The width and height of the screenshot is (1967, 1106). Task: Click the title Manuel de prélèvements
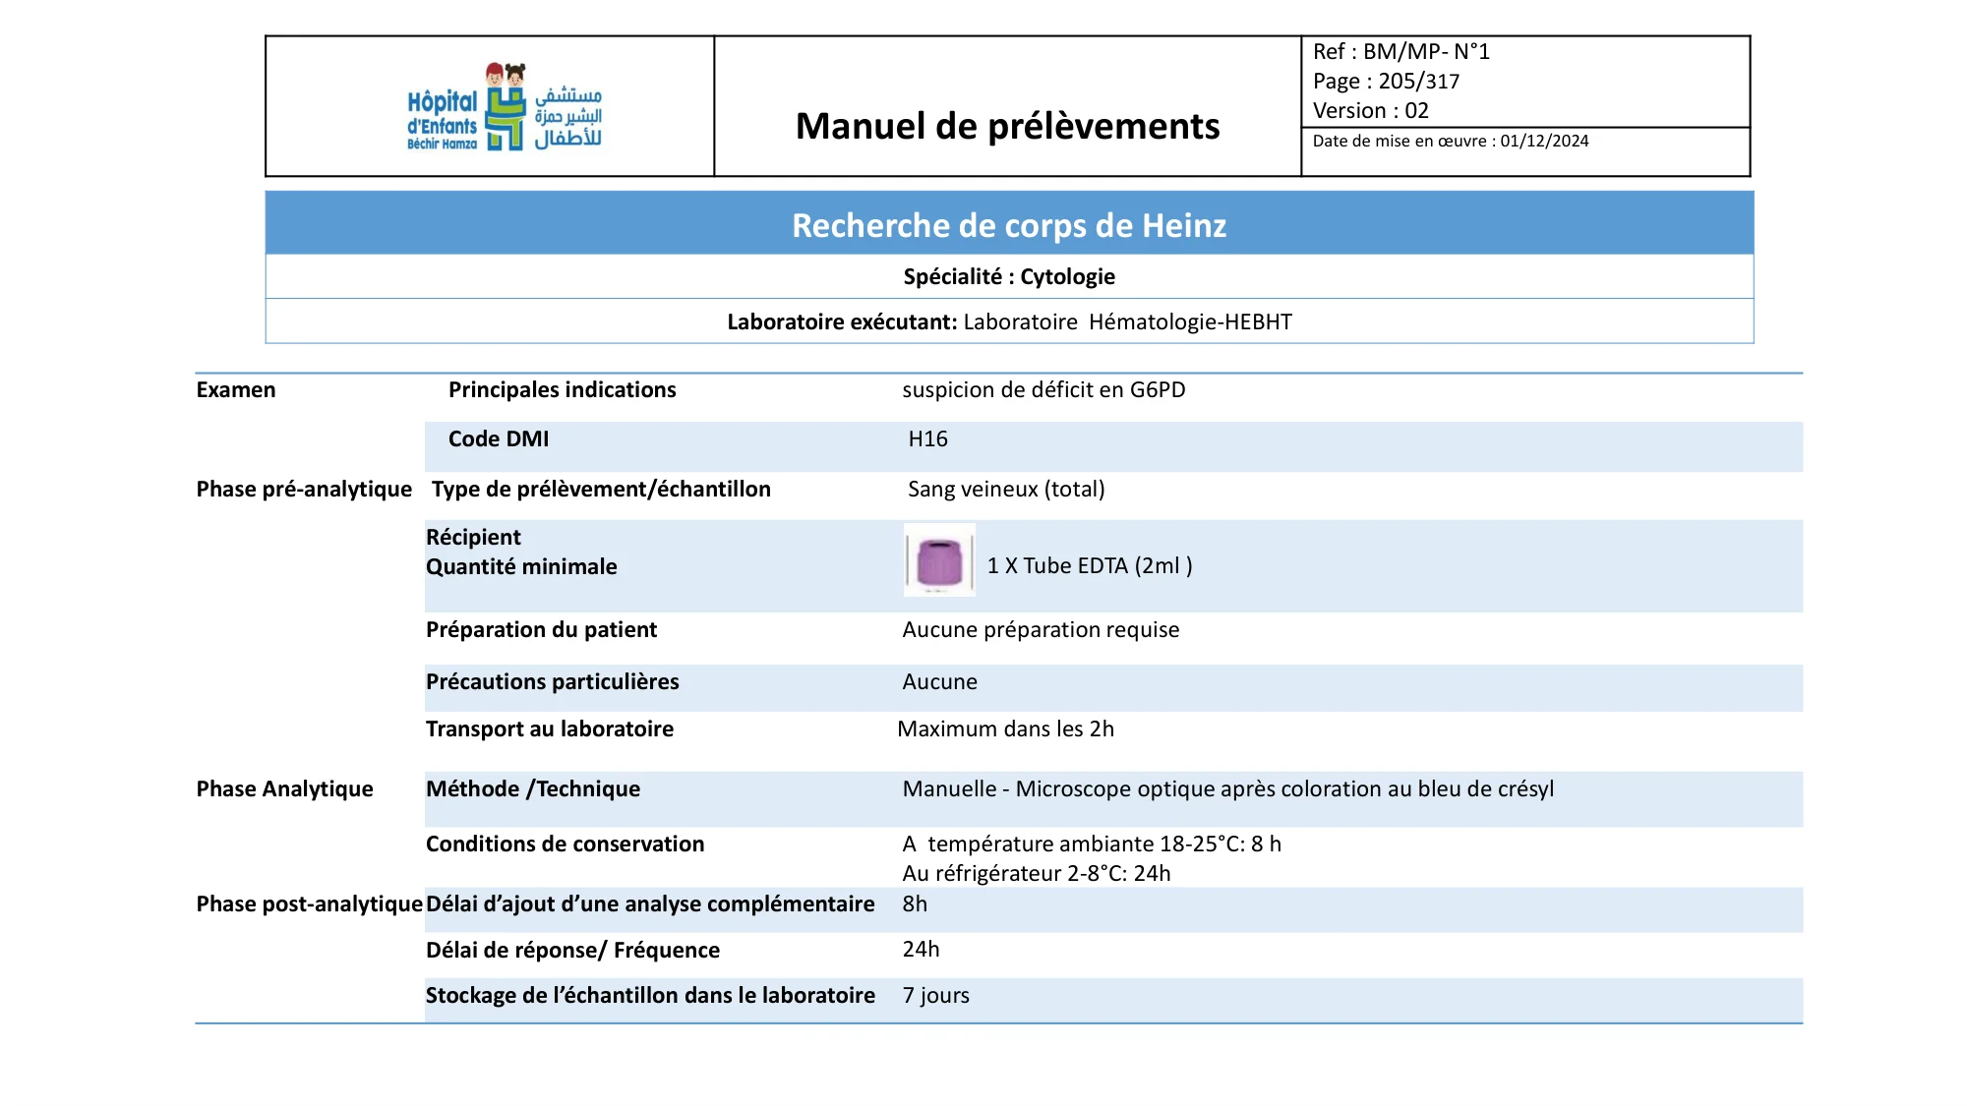tap(1007, 126)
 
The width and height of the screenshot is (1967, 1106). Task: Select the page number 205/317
tap(1418, 81)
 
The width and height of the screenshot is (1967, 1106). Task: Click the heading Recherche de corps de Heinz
tap(1009, 225)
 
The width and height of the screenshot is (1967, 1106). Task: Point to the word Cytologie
tap(1067, 276)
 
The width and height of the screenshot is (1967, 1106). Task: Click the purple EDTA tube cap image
tap(939, 560)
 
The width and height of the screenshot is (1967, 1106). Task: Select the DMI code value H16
tap(927, 438)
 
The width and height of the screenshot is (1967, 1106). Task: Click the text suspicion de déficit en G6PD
tap(1043, 389)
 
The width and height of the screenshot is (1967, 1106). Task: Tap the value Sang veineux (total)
tap(1006, 489)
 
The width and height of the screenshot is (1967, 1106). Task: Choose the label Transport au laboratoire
tap(550, 728)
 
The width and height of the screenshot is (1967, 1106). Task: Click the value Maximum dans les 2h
tap(1005, 728)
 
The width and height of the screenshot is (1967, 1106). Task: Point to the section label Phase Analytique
tap(284, 788)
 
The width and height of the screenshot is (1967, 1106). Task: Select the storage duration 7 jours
tap(935, 995)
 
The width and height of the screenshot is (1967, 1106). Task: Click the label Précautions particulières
tap(552, 681)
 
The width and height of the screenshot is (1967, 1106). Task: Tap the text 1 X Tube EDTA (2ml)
tap(1089, 565)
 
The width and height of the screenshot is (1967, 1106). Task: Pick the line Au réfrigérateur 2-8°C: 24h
tap(1036, 873)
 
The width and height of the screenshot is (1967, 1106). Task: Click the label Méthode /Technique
tap(532, 788)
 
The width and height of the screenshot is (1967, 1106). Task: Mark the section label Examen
tap(235, 389)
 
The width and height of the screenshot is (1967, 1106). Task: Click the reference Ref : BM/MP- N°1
tap(1401, 51)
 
